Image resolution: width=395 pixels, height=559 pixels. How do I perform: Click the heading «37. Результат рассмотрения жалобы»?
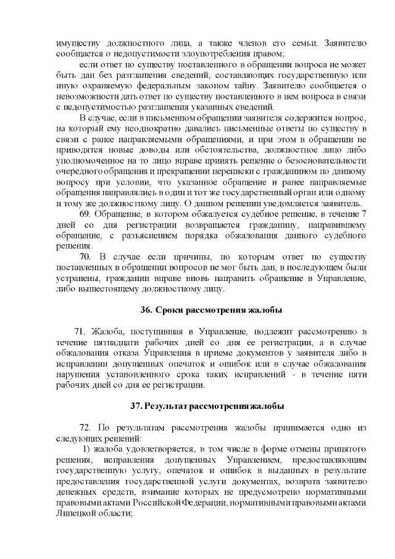[207, 406]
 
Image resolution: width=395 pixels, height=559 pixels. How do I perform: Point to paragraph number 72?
[86, 428]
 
